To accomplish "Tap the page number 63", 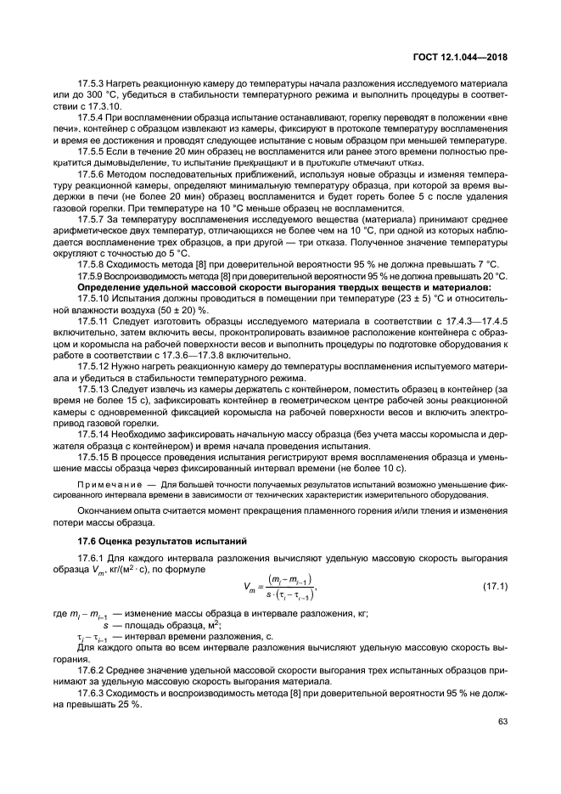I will click(x=501, y=724).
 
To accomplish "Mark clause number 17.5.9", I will click(x=92, y=276).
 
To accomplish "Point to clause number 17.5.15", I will click(x=94, y=456).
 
